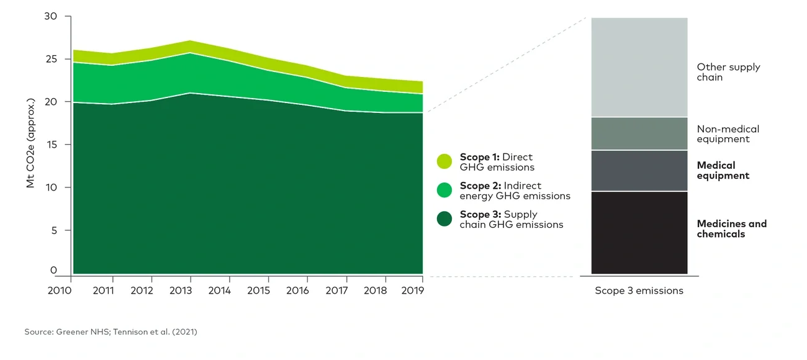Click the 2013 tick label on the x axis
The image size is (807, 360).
(180, 290)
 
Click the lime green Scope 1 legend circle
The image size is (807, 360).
(444, 161)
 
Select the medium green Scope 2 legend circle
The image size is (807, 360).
(444, 190)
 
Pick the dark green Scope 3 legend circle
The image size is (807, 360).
(444, 218)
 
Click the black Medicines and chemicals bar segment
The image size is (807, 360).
(639, 233)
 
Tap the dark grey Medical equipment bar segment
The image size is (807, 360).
(639, 171)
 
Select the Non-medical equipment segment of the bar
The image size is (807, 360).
(639, 133)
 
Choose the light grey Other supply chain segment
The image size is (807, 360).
(639, 67)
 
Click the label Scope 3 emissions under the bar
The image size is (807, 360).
(639, 290)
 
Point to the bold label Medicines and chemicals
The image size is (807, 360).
(731, 228)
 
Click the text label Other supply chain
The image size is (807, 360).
(728, 72)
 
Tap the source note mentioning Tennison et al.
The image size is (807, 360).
(111, 332)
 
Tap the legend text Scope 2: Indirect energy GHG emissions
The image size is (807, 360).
(515, 191)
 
